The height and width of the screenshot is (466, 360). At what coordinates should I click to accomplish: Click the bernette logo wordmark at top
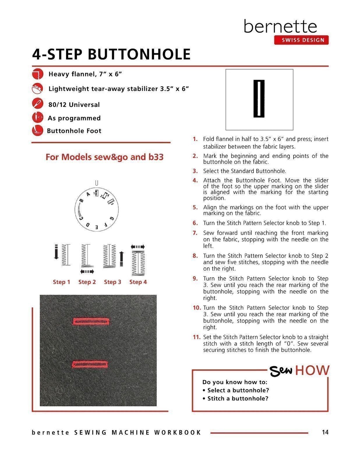pyautogui.click(x=280, y=26)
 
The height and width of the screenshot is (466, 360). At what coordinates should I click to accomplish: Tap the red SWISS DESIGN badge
pyautogui.click(x=301, y=40)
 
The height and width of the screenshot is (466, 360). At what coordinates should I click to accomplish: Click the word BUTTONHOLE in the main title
pyautogui.click(x=139, y=54)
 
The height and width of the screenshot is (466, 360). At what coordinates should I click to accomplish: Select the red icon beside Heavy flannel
pyautogui.click(x=38, y=74)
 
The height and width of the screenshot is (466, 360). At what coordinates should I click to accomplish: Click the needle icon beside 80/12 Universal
pyautogui.click(x=37, y=104)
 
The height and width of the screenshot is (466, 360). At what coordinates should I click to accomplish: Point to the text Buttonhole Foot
pyautogui.click(x=74, y=131)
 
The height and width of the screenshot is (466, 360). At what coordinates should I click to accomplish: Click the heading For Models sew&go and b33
pyautogui.click(x=104, y=157)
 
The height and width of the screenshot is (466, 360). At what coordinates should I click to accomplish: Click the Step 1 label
pyautogui.click(x=62, y=282)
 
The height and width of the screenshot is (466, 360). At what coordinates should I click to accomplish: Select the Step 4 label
pyautogui.click(x=138, y=282)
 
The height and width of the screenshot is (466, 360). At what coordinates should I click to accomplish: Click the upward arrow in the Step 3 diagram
pyautogui.click(x=122, y=258)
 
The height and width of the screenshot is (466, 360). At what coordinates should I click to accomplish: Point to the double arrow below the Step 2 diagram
pyautogui.click(x=87, y=272)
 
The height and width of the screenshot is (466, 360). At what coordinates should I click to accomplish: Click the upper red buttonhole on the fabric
pyautogui.click(x=91, y=321)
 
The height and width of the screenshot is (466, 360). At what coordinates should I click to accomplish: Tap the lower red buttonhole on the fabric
pyautogui.click(x=90, y=364)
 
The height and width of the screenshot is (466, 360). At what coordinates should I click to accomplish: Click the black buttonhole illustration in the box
pyautogui.click(x=259, y=99)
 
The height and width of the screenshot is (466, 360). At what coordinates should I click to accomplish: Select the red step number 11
pyautogui.click(x=197, y=337)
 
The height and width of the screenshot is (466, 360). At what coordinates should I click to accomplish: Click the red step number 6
pyautogui.click(x=195, y=223)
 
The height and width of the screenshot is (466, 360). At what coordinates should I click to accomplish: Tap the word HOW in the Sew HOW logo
pyautogui.click(x=312, y=370)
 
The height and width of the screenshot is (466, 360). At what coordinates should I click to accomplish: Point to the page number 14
pyautogui.click(x=325, y=432)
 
